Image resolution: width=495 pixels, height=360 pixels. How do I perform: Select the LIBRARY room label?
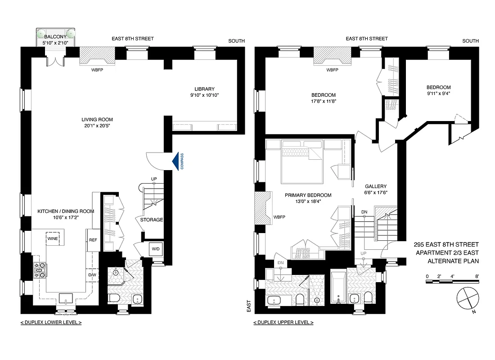[205, 89]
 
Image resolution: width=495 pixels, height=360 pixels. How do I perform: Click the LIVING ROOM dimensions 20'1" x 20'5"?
[97, 126]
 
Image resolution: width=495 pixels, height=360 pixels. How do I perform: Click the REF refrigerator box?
[93, 240]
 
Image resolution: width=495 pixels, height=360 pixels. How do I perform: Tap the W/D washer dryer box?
[155, 249]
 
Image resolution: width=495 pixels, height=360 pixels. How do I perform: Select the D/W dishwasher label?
[93, 274]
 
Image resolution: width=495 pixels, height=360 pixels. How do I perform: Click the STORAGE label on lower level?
[151, 220]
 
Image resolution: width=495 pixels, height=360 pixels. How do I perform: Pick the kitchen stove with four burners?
[38, 270]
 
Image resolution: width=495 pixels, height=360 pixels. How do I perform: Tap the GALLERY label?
[375, 186]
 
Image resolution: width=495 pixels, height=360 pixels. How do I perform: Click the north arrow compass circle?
[466, 298]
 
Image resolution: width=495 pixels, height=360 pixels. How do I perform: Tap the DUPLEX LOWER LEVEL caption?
[51, 323]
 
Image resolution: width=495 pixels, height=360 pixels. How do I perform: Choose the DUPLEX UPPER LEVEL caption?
[283, 323]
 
